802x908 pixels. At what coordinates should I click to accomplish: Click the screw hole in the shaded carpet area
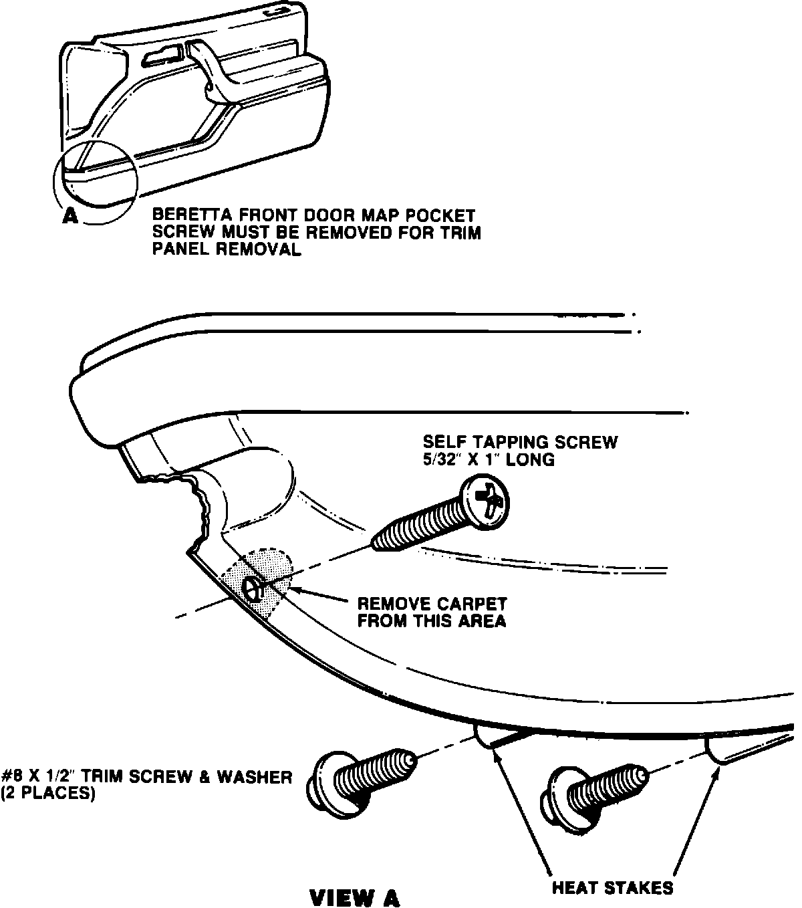253,588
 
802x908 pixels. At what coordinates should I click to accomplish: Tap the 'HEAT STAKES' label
612,888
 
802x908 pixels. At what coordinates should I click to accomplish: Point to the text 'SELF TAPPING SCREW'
520,442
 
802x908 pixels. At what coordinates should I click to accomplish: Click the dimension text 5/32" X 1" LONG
489,460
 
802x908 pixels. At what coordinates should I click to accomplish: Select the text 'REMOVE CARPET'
432,603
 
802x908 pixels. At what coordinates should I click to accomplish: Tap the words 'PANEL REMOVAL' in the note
227,249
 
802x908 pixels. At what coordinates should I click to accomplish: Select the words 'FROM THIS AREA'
431,621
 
